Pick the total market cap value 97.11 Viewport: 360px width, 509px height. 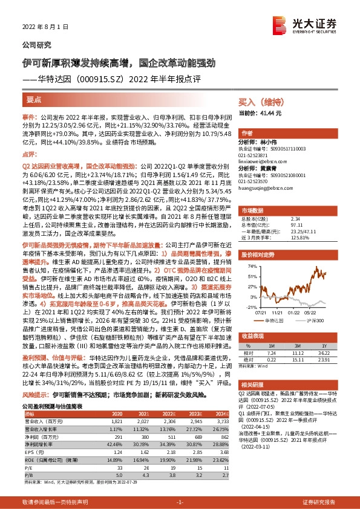click(297, 224)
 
